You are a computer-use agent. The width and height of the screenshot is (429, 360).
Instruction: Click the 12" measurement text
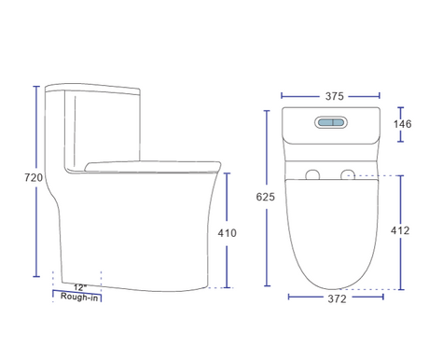point(79,287)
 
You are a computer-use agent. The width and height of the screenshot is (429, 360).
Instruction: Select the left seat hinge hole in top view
point(312,174)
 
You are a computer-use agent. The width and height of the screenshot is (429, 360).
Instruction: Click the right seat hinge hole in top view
point(348,174)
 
